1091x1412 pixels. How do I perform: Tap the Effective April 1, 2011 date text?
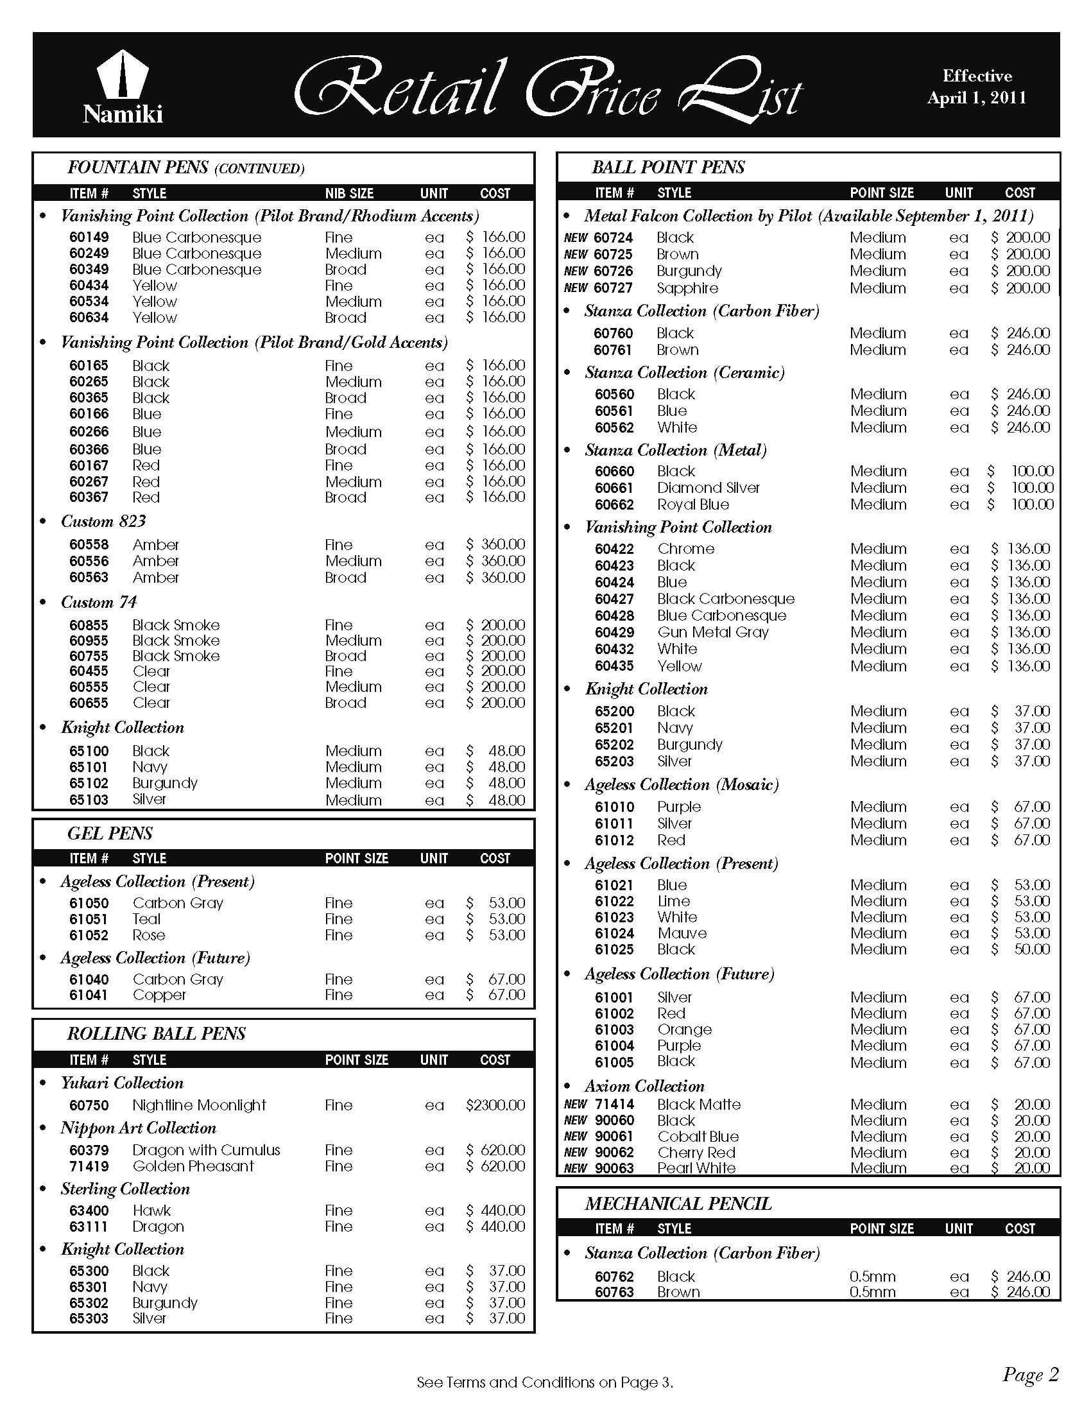977,87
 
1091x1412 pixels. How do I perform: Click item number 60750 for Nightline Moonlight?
89,1105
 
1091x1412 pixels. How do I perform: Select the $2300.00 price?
495,1105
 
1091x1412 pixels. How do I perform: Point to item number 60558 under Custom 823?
89,544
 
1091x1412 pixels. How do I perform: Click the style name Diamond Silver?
709,488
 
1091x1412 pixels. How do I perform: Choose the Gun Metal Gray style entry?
713,632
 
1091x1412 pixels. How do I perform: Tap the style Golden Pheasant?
193,1166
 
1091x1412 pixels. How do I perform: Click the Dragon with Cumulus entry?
206,1149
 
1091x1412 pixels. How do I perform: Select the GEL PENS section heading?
110,833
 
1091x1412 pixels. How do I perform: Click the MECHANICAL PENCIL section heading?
678,1203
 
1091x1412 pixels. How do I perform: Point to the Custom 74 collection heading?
99,602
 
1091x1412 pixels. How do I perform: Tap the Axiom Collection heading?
644,1085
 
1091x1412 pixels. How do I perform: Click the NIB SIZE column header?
349,193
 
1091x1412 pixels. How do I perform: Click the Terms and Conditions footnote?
545,1382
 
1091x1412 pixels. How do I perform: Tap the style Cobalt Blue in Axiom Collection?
698,1136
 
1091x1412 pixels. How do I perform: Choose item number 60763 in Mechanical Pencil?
614,1292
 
